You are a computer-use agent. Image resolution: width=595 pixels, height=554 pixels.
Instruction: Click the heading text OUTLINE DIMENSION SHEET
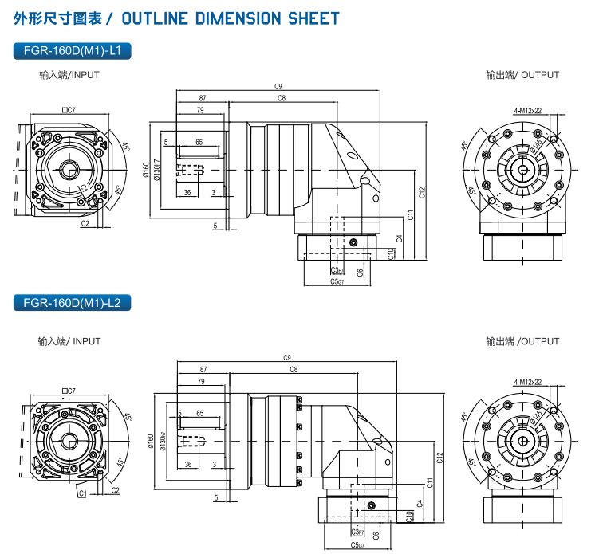tap(231, 18)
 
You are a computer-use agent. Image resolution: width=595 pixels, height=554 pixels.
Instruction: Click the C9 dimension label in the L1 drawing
tap(278, 86)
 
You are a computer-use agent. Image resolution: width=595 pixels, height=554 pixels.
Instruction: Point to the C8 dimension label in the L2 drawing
tap(294, 370)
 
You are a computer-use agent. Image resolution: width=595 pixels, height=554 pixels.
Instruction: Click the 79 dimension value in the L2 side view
tap(199, 382)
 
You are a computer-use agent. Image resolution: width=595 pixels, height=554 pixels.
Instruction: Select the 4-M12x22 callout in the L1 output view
tap(528, 111)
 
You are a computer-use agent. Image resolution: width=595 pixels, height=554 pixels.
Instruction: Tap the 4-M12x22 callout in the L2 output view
tap(528, 382)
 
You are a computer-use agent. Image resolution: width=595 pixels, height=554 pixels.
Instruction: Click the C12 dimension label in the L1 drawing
tap(422, 191)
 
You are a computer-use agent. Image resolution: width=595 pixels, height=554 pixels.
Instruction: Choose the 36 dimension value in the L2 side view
tap(188, 464)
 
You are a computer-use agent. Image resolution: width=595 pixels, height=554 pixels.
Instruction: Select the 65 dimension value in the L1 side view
tap(199, 142)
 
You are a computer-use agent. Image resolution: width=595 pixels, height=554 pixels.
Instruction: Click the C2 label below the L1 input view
tap(85, 225)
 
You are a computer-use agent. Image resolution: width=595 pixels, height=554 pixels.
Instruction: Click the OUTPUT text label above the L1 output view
tap(540, 75)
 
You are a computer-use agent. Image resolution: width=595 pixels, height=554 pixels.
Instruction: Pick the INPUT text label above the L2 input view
tap(87, 341)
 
